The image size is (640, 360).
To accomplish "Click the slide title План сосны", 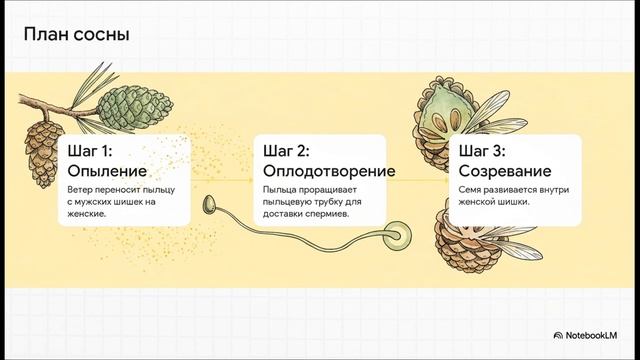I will (76, 36).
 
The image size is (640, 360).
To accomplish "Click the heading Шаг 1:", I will (90, 152).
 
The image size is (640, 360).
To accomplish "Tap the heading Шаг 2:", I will (286, 152).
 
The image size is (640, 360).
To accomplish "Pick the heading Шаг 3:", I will (482, 152).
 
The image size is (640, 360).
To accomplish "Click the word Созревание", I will (506, 171).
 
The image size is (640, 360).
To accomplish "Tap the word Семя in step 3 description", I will (472, 189).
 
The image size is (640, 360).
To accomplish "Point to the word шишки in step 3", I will (511, 201).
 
